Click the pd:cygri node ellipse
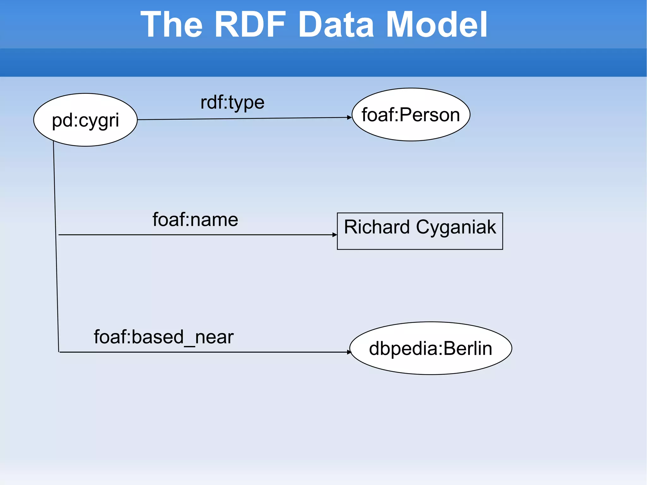(85, 120)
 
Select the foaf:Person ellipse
(411, 114)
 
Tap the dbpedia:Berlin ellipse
(431, 348)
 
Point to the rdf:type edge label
(232, 102)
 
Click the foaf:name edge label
(195, 220)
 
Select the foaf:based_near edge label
(164, 337)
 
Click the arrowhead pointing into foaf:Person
(349, 118)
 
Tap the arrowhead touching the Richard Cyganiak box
(335, 235)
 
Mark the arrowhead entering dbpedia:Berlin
(349, 352)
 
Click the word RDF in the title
(250, 24)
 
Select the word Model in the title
(437, 24)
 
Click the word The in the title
(172, 24)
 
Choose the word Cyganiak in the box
(456, 227)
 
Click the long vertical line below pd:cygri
(56, 246)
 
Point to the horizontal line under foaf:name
(196, 235)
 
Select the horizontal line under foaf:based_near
(202, 352)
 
